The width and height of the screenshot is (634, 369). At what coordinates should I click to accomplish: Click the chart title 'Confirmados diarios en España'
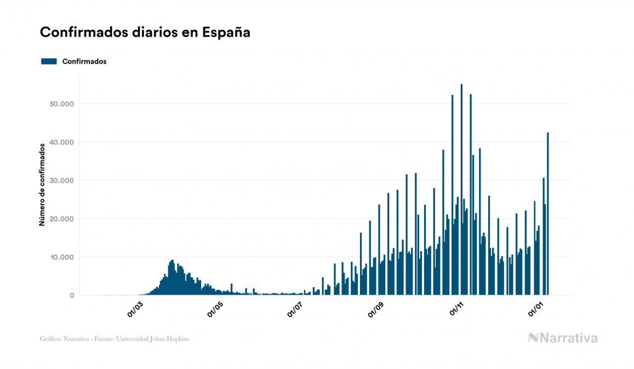145,32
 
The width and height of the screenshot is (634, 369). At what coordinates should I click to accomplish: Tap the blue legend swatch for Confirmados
49,61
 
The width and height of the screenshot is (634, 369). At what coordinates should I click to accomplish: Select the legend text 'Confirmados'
84,61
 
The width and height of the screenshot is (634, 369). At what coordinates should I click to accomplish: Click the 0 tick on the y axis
71,296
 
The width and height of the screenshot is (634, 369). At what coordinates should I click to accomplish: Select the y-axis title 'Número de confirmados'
42,184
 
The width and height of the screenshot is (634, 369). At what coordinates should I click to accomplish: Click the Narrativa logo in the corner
563,338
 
